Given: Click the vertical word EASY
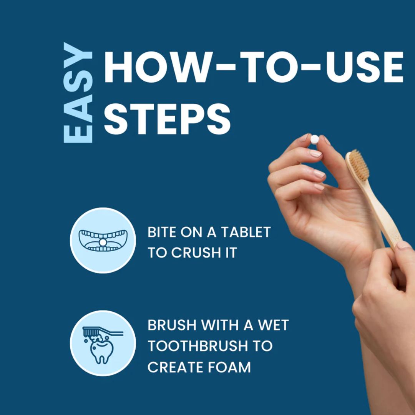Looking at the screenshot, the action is point(78,93).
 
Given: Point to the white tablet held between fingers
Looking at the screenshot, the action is point(314,139).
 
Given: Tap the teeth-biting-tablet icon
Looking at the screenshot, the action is point(103,240).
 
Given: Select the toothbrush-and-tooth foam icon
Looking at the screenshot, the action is point(103,343).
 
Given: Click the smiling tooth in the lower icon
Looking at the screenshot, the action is point(102,351).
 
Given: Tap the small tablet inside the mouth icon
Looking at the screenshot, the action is point(103,242).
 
